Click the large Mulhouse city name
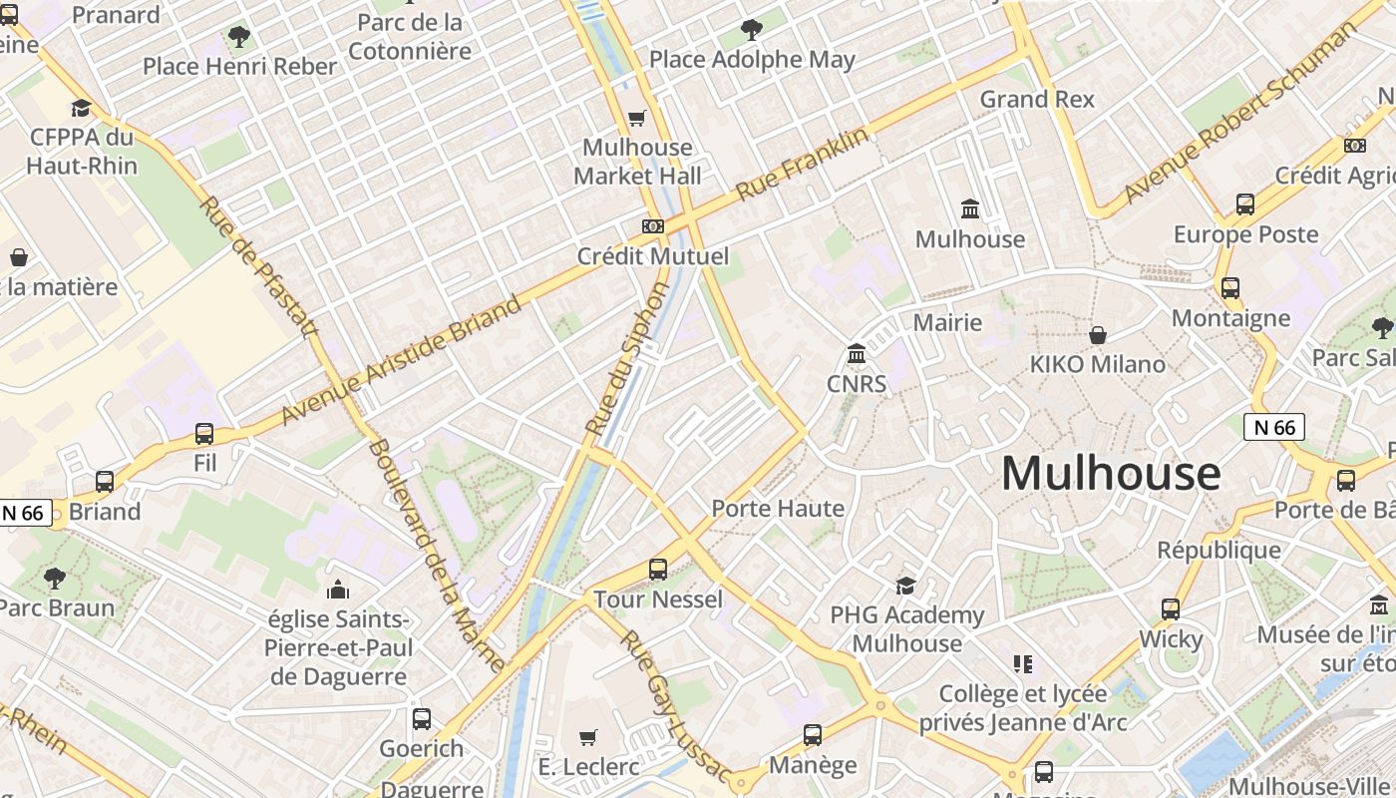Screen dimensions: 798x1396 pos(1110,473)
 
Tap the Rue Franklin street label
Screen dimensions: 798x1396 pos(803,165)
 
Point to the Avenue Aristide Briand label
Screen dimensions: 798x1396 pos(401,359)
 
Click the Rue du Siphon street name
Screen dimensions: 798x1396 pos(628,359)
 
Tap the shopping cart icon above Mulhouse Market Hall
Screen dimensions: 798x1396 pos(637,119)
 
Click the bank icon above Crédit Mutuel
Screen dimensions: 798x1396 pos(653,226)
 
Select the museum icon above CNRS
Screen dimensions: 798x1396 pos(856,354)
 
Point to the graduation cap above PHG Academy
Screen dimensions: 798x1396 pos(905,586)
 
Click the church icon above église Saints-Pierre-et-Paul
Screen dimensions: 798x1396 pos(338,590)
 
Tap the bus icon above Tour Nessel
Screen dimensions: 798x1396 pos(658,570)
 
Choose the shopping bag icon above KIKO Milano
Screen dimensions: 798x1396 pos(1098,335)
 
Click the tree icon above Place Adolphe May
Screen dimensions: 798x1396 pos(752,30)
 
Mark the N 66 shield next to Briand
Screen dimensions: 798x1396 pos(24,513)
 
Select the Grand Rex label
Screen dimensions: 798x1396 pos(1037,99)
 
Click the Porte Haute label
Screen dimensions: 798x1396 pos(778,508)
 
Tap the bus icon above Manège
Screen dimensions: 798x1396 pos(813,735)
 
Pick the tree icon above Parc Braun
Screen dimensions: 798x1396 pos(55,578)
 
